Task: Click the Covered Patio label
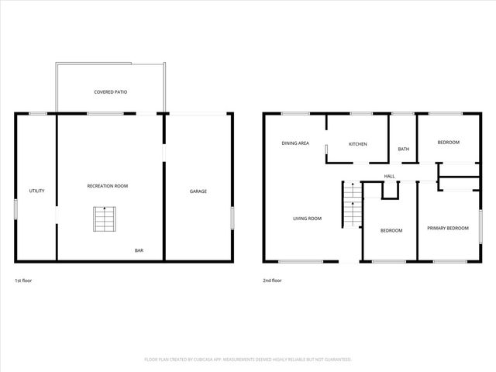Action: click(x=111, y=92)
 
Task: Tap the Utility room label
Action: click(x=36, y=191)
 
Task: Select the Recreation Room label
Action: click(x=108, y=186)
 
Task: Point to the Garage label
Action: click(x=198, y=191)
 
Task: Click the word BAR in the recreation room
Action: click(x=139, y=250)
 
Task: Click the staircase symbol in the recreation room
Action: click(x=104, y=219)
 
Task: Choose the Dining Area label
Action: click(x=295, y=143)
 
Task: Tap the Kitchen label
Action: click(x=357, y=144)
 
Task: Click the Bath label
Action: click(x=403, y=149)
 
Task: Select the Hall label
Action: click(x=389, y=176)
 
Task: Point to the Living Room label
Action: click(x=307, y=219)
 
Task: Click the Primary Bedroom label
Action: click(x=448, y=228)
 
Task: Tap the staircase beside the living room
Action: click(x=353, y=205)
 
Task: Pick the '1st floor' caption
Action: click(x=23, y=280)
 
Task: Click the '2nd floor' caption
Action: click(x=272, y=280)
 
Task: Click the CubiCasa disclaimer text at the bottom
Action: click(x=248, y=360)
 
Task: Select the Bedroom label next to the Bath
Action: click(x=448, y=143)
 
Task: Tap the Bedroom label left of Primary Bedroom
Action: click(x=391, y=231)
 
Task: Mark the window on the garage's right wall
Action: click(x=232, y=217)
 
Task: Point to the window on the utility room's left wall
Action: click(x=15, y=210)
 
